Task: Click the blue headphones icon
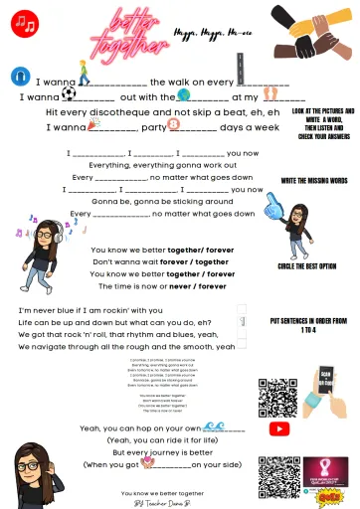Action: pos(19,76)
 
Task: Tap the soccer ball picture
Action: pos(68,93)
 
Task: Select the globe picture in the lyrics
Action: pos(183,94)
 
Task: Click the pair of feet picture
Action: pos(270,93)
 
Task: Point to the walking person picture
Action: pos(84,72)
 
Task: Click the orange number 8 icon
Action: pos(174,125)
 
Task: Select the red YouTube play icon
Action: pos(280,428)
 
